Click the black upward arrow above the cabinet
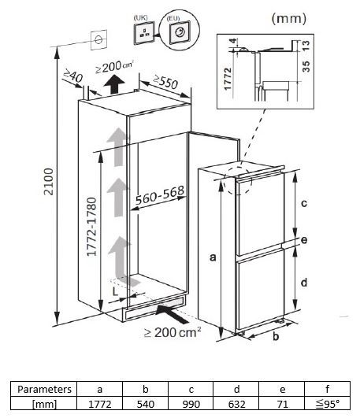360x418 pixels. pyautogui.click(x=116, y=83)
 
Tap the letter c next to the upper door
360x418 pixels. pyautogui.click(x=304, y=202)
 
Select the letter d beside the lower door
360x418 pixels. pyautogui.click(x=304, y=281)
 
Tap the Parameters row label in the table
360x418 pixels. pyautogui.click(x=46, y=389)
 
